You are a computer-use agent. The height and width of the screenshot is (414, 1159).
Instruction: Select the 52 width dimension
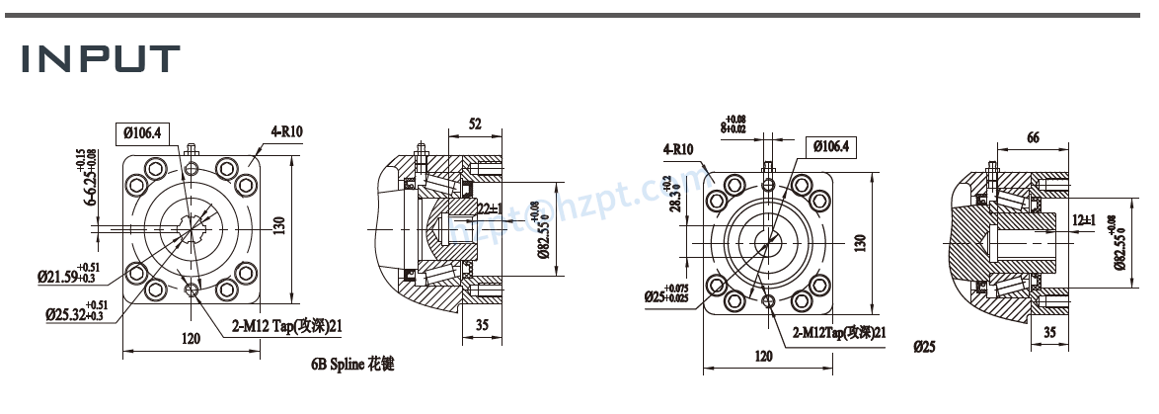475,124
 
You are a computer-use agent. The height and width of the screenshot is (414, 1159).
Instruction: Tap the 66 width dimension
1033,138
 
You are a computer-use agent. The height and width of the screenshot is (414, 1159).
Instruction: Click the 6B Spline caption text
352,365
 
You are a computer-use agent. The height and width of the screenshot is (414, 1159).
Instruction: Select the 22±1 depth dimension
490,208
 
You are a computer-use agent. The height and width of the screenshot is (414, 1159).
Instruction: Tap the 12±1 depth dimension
1084,218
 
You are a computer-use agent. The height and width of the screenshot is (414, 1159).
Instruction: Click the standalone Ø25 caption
925,347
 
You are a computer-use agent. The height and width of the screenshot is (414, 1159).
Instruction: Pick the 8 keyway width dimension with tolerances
734,124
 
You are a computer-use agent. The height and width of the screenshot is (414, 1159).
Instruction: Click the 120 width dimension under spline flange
191,339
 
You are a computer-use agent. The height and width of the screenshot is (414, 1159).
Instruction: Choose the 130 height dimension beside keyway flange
859,241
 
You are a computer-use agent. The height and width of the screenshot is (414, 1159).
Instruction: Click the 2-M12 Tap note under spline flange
286,324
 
